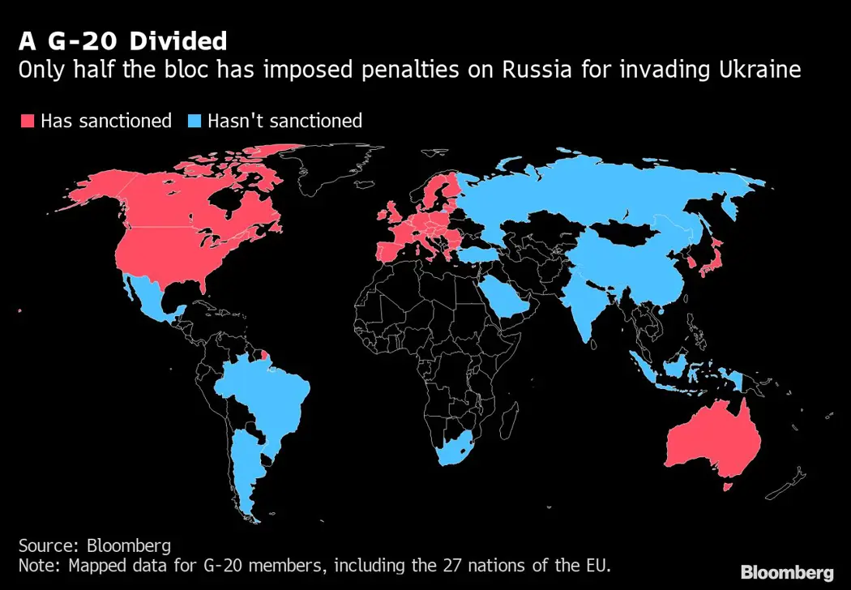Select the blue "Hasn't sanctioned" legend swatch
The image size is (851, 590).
click(195, 122)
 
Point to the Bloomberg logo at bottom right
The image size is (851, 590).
click(787, 573)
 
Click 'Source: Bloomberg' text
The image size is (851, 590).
click(95, 545)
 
